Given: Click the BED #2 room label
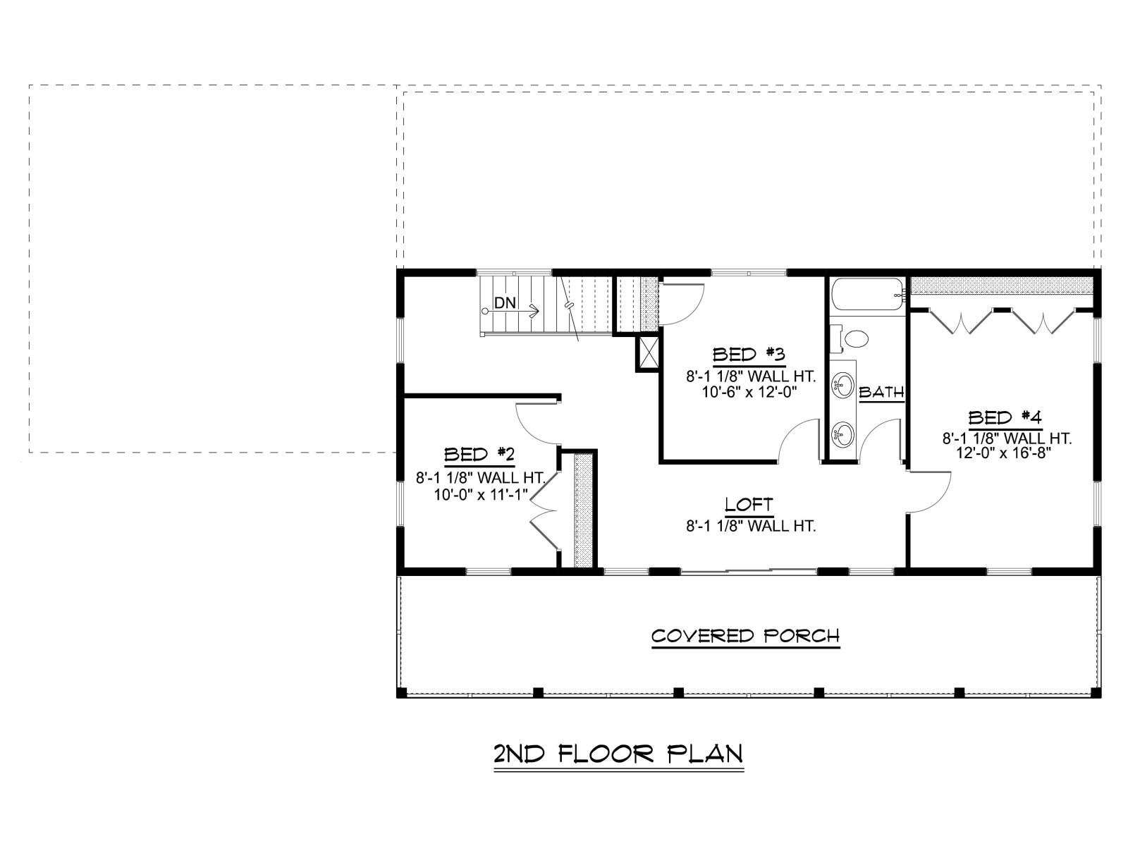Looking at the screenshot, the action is (x=479, y=455).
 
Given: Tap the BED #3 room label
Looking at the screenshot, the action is (x=749, y=355).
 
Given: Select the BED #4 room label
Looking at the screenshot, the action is (x=1005, y=417).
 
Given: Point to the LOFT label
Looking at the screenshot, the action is (x=749, y=504).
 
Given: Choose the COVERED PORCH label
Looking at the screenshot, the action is (x=746, y=637).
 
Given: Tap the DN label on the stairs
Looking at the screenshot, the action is (x=505, y=303).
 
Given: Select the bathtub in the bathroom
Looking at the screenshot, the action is (x=867, y=294).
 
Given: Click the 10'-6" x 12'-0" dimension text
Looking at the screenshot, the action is (x=749, y=393).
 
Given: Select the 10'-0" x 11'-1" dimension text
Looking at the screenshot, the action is (x=481, y=495).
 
